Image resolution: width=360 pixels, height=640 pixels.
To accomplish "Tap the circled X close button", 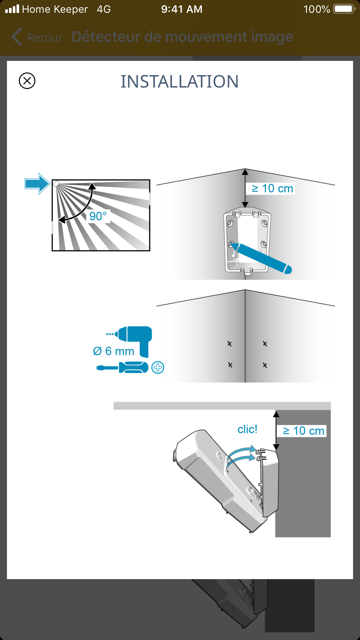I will click(x=27, y=81).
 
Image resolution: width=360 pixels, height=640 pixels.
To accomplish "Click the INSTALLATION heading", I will click(x=180, y=81).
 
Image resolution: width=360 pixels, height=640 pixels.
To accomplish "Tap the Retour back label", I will click(x=45, y=38).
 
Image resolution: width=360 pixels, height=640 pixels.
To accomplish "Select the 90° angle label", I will click(x=98, y=216).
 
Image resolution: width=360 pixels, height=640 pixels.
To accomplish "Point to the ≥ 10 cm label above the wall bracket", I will click(x=272, y=188).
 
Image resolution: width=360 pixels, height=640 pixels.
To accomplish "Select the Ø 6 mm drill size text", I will click(x=114, y=351).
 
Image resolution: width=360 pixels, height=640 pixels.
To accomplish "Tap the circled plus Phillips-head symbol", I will click(x=158, y=368).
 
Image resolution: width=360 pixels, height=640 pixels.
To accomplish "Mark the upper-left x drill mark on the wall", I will click(x=229, y=344).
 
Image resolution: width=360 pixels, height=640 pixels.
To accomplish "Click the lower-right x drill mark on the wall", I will click(x=265, y=365).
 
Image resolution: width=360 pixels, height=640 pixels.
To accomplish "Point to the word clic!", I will click(x=247, y=429).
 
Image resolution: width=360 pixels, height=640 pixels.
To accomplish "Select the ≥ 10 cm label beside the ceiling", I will click(x=303, y=431).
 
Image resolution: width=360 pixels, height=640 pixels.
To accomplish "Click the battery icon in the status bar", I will click(x=344, y=9).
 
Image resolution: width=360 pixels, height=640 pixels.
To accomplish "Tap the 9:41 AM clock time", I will click(x=182, y=9).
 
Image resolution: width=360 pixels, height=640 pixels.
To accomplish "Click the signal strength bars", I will click(x=12, y=9).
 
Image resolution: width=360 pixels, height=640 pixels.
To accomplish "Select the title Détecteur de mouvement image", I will click(x=182, y=37).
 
